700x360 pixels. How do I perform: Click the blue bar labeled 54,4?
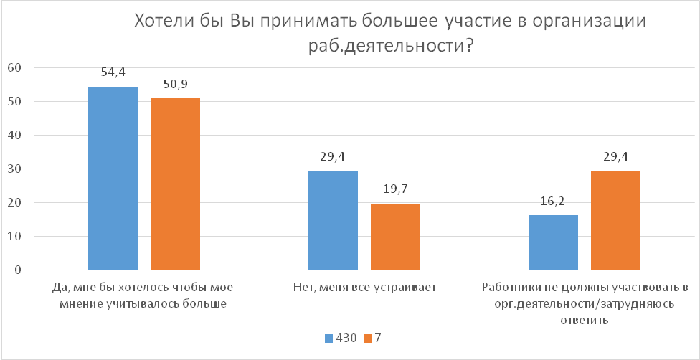coord(113,179)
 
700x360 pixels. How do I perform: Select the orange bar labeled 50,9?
coord(176,184)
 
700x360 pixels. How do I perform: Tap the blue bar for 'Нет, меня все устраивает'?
coord(333,220)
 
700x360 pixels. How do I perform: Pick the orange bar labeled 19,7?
coord(395,237)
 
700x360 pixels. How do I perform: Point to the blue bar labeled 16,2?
coord(553,242)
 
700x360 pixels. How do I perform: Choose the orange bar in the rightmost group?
coord(615,220)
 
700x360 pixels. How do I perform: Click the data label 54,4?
coord(113,72)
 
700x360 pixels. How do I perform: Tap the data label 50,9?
coord(176,83)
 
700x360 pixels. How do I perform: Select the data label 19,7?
coord(395,189)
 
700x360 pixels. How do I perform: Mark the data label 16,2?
coord(553,201)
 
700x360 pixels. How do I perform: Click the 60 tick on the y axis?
coord(16,68)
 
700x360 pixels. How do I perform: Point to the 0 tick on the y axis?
coord(19,270)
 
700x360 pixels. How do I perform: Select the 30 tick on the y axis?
coord(16,169)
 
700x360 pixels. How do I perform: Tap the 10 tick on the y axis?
coord(16,236)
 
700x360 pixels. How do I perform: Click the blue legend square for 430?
coord(329,338)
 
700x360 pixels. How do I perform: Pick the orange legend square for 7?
coord(368,338)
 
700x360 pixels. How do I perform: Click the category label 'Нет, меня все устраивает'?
coord(364,287)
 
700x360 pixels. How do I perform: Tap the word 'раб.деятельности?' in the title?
coord(391,45)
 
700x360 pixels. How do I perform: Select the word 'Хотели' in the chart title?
coord(160,21)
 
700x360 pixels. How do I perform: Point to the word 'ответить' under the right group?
coord(585,321)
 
